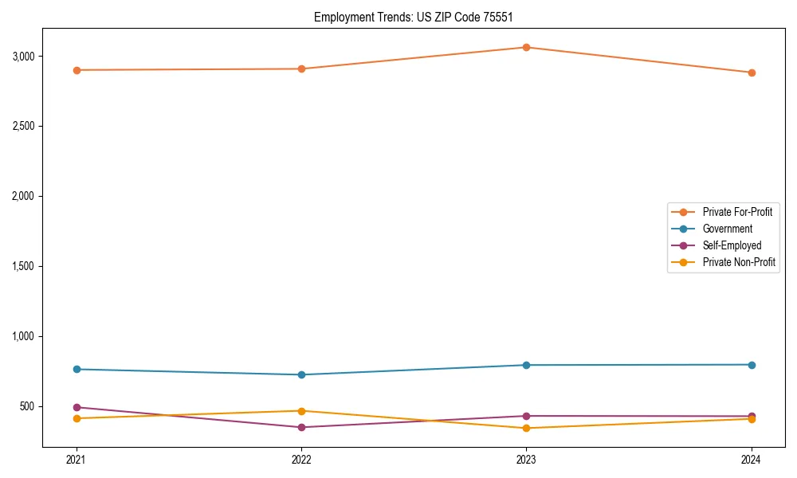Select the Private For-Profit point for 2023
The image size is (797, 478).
tap(526, 47)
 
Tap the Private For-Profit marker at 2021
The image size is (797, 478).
tap(77, 70)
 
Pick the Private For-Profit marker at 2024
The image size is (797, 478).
tap(752, 72)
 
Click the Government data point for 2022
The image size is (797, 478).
tap(301, 374)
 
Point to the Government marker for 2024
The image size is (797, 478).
tap(752, 365)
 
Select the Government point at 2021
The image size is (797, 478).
tap(77, 369)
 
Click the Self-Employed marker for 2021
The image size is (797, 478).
tap(77, 407)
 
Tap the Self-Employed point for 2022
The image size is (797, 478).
tap(301, 427)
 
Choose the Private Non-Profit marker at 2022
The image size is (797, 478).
tap(301, 411)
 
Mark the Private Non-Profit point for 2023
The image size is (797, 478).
tap(526, 428)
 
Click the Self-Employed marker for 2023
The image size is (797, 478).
tap(526, 416)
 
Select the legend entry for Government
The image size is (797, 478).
tap(727, 229)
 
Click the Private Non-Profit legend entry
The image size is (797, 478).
tap(739, 262)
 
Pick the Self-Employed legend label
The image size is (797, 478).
tap(732, 245)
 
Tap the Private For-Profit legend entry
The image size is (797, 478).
tap(737, 212)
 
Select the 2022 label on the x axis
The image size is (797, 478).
tap(301, 460)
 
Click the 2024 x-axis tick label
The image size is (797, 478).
tap(752, 460)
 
